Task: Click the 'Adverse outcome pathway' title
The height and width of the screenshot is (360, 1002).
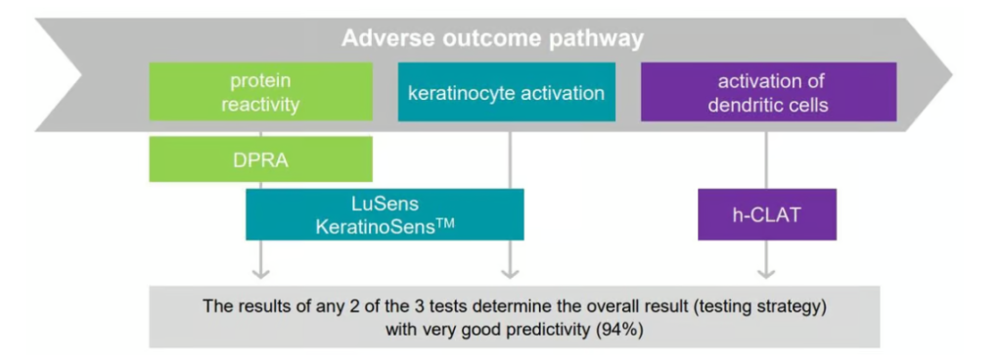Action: (492, 39)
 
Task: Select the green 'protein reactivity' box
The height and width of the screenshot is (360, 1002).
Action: (260, 91)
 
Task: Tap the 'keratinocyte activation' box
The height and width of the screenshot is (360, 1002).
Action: (507, 91)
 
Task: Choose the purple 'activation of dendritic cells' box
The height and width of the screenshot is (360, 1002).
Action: (769, 91)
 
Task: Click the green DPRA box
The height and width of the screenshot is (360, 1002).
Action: (260, 158)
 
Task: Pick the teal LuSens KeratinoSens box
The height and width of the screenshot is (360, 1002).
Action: (385, 214)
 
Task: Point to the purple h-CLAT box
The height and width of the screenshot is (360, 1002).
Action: (767, 214)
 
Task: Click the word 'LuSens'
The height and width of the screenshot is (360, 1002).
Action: (385, 203)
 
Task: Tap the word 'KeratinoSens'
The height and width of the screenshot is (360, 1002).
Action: (373, 227)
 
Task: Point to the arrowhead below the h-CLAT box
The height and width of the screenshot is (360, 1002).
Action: (766, 274)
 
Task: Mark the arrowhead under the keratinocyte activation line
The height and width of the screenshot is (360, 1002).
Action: (509, 274)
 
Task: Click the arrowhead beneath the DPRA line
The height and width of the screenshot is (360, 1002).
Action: (260, 274)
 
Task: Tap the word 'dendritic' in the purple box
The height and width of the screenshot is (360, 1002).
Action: (741, 104)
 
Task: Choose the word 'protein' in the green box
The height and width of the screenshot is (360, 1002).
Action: (260, 81)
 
